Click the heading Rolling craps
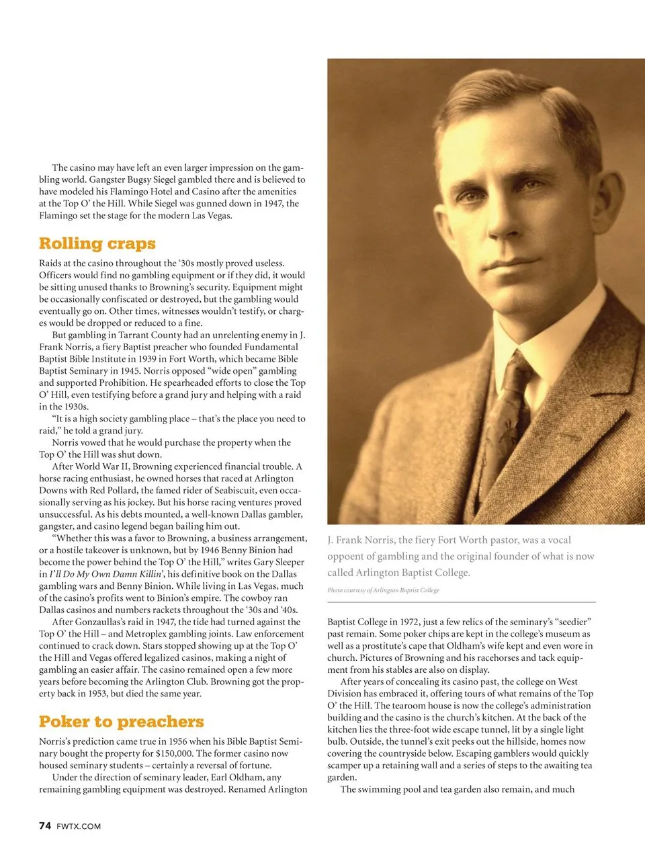[97, 243]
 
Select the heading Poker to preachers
[121, 722]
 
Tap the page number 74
[45, 825]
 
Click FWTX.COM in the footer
[79, 826]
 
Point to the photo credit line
[383, 590]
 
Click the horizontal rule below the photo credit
[462, 602]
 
